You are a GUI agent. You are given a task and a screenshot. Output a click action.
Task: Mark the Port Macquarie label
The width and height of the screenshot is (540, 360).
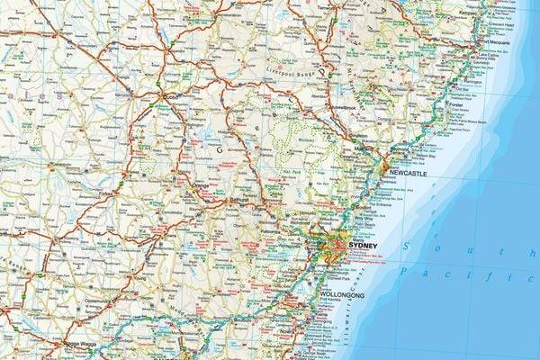[x=496, y=42]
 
